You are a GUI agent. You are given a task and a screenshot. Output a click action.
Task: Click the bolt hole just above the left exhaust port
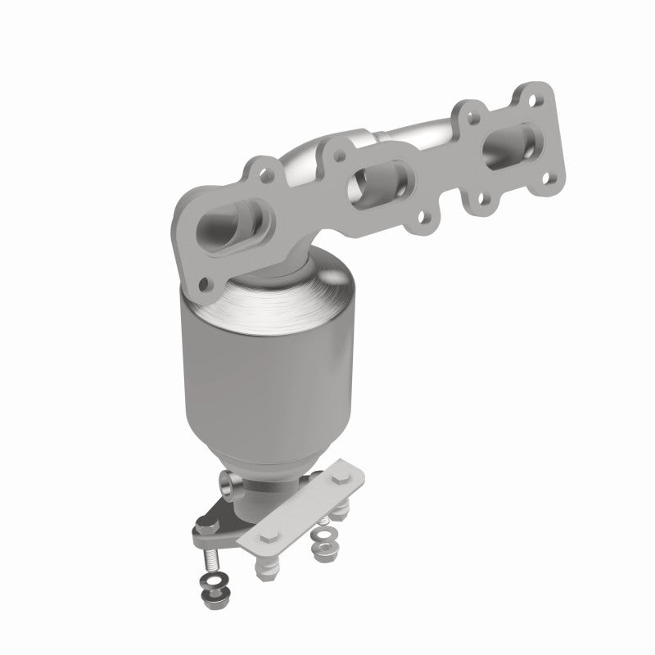point(262,173)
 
